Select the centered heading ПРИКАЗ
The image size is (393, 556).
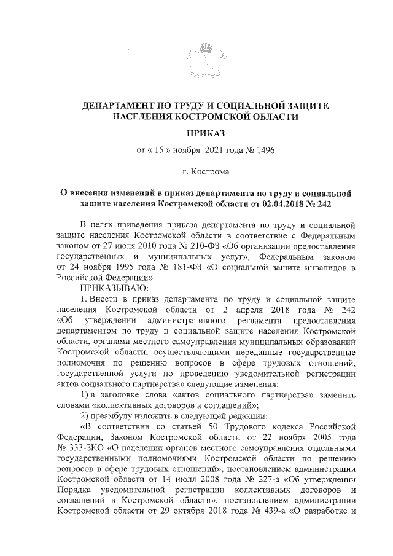(206, 133)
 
